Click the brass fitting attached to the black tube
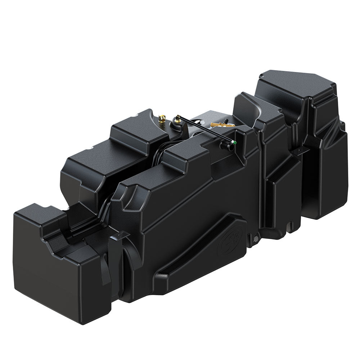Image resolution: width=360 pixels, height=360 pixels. point(177,117)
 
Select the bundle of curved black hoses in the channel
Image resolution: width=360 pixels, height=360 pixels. point(158,158)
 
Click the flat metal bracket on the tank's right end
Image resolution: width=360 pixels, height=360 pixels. point(302,151)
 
